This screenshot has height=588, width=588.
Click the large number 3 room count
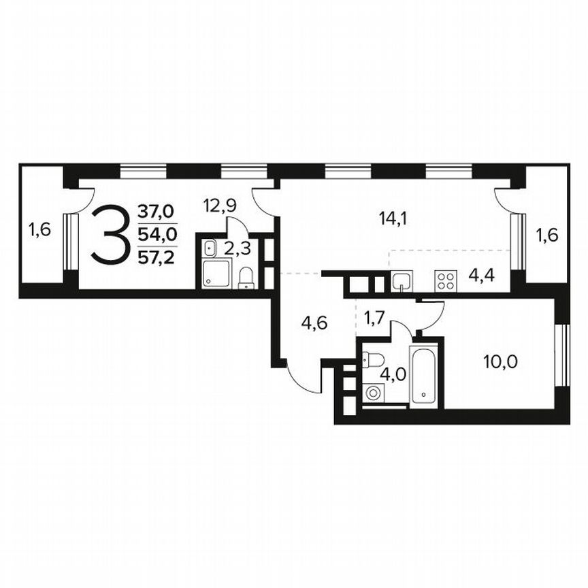[110, 235]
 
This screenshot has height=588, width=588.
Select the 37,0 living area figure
[156, 212]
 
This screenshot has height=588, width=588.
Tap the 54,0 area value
[156, 235]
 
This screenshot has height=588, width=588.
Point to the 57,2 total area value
[156, 257]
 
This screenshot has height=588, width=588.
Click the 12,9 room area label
[220, 203]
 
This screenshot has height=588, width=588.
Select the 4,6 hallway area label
[315, 323]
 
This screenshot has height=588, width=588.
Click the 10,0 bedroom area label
[501, 361]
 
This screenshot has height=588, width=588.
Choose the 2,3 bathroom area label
[238, 248]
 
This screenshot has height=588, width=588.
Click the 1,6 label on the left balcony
[39, 230]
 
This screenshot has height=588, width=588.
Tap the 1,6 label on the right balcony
[547, 236]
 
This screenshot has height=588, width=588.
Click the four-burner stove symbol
[446, 281]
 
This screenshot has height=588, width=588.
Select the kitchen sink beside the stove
[401, 281]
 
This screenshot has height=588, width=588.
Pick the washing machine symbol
[372, 393]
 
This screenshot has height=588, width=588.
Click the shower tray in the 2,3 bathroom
[217, 275]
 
